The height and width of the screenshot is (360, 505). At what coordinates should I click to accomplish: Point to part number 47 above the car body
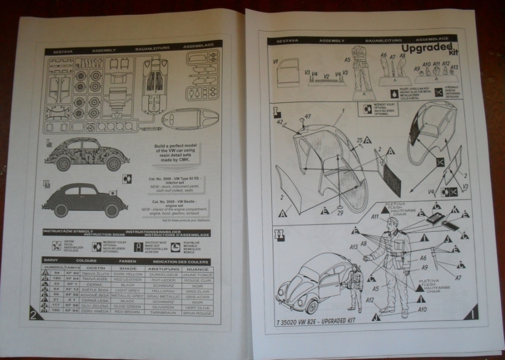(x=307, y=116)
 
